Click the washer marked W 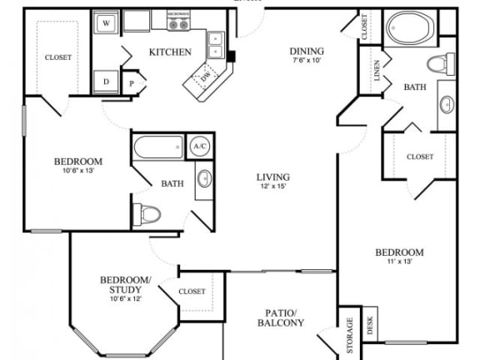click(x=107, y=23)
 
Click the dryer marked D click(x=107, y=81)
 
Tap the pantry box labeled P click(x=132, y=82)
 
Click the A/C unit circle click(x=200, y=146)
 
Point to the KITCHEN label click(x=170, y=52)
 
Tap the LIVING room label click(x=273, y=177)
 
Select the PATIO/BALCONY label click(x=280, y=317)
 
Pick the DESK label click(x=371, y=326)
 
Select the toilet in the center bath click(x=147, y=214)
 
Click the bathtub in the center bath click(x=157, y=147)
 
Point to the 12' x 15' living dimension click(x=273, y=187)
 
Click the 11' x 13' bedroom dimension click(x=399, y=262)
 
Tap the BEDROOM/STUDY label click(x=125, y=284)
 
